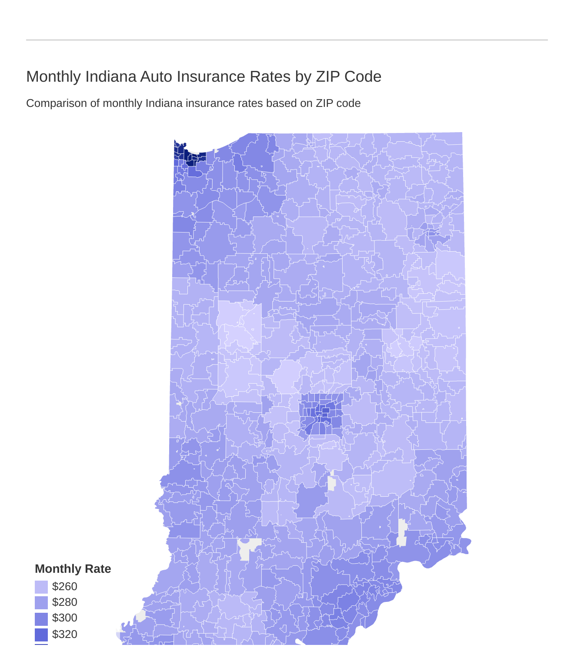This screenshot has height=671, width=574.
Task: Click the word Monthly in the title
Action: click(x=53, y=76)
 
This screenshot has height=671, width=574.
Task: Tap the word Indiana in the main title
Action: click(x=110, y=76)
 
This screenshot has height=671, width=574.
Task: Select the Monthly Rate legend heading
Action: click(x=73, y=569)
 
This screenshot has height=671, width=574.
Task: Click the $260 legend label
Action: click(x=64, y=587)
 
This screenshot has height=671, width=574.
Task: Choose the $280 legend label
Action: click(x=64, y=602)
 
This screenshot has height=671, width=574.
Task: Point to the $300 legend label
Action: click(x=64, y=618)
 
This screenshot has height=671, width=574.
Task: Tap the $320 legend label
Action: click(x=64, y=634)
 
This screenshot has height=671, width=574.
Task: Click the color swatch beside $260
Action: click(x=41, y=587)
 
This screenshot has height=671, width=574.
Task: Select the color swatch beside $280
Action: click(x=41, y=603)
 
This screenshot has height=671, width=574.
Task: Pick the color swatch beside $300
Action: click(x=41, y=618)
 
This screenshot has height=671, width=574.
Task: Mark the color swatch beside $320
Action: click(x=41, y=635)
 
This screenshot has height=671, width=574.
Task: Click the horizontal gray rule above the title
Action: click(x=287, y=40)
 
